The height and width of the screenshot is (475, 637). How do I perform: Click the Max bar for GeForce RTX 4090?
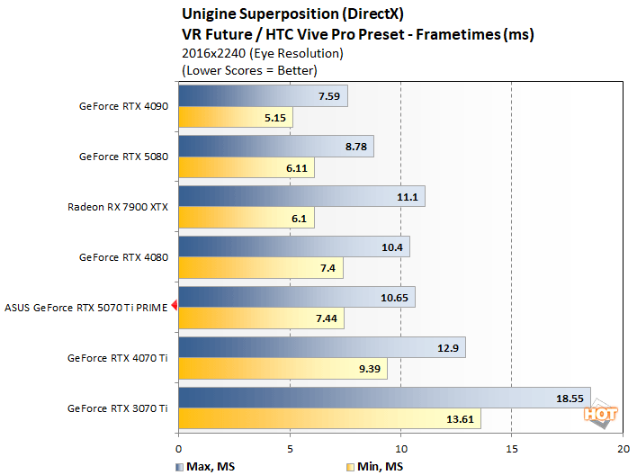[263, 96]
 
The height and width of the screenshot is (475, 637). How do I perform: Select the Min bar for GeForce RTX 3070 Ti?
[329, 419]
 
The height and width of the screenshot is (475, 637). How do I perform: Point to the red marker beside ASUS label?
[175, 307]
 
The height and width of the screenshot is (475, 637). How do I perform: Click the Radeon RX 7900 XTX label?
[117, 206]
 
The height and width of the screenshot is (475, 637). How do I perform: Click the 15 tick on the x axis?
[511, 447]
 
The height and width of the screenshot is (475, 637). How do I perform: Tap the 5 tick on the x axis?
[290, 447]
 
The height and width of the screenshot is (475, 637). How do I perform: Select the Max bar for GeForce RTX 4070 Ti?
[321, 347]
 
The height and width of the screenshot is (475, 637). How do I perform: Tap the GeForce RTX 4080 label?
[123, 256]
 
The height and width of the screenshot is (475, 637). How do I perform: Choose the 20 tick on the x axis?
[621, 447]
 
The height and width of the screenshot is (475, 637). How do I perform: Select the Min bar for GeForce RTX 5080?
[246, 167]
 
